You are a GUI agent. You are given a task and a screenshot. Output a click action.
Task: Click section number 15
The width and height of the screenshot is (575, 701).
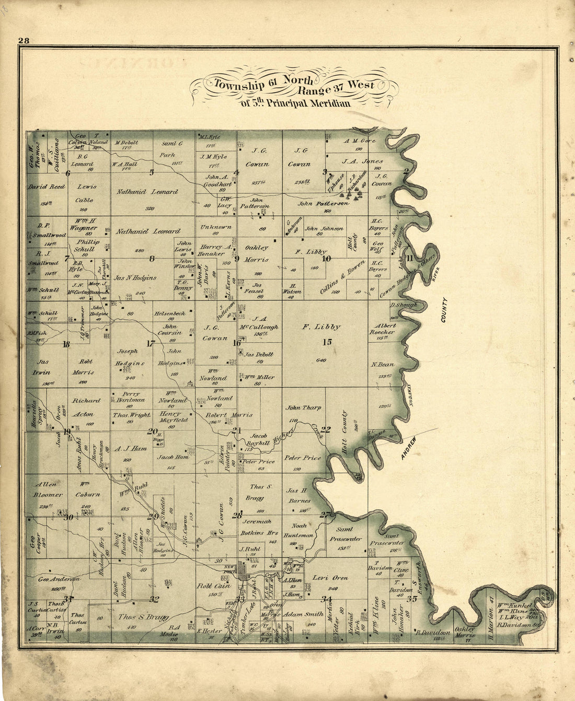(327, 342)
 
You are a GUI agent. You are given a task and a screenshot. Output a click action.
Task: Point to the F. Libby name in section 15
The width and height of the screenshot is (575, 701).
(321, 326)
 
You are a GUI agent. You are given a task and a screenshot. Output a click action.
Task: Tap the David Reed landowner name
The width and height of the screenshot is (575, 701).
(47, 186)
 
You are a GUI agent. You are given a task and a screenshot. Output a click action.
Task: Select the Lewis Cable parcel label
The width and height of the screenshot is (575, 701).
(84, 193)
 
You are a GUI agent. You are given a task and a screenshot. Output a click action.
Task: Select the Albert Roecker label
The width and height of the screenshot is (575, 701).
(383, 329)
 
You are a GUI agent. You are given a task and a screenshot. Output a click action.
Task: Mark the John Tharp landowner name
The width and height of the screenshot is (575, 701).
(303, 407)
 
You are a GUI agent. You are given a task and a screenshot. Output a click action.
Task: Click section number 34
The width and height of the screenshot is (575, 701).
(327, 599)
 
